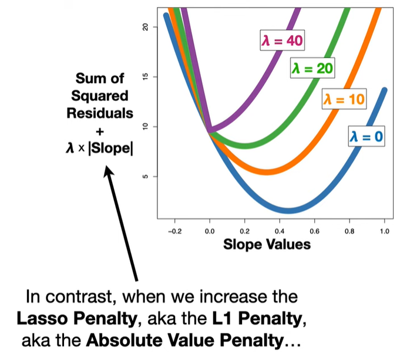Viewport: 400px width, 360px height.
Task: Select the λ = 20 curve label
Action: (x=312, y=69)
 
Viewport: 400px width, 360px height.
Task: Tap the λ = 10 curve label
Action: (x=344, y=99)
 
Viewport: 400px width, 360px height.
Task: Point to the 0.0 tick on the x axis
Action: (x=210, y=231)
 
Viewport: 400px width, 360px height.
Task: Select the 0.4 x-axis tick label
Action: (x=280, y=231)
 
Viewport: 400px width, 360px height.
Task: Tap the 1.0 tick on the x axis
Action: (x=384, y=231)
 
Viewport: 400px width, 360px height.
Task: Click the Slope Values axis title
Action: (x=267, y=244)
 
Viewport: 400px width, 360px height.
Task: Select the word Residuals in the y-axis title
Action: (x=100, y=112)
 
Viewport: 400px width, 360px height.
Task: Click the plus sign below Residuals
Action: (x=100, y=130)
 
